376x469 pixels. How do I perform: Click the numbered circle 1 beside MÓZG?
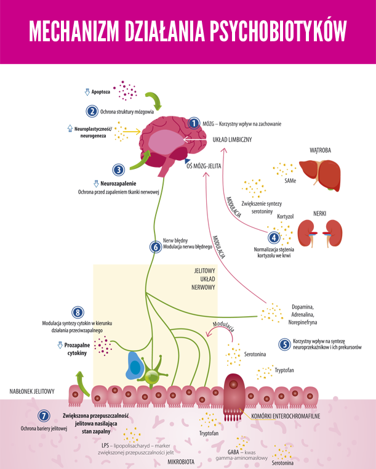(x=194, y=123)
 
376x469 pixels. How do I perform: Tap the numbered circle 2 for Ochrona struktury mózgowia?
(x=92, y=112)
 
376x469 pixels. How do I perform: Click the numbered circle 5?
(x=284, y=345)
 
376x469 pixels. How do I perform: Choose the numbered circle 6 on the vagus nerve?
(x=155, y=247)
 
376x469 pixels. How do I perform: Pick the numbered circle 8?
(x=78, y=313)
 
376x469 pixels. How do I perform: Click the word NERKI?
(x=318, y=213)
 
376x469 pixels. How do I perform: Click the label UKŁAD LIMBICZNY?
(x=232, y=140)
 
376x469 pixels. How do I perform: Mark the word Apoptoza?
(x=102, y=92)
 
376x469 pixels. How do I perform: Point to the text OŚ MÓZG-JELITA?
(x=204, y=166)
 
